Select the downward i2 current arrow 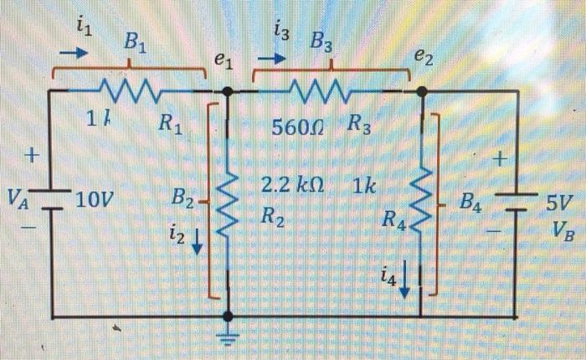[198, 243]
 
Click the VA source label [18, 198]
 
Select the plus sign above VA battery [33, 156]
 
